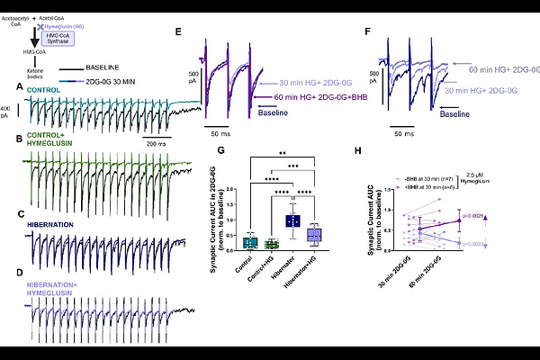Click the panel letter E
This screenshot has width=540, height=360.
(178, 31)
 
